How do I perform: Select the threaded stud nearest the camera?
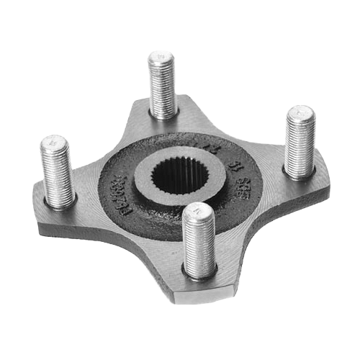(198, 241)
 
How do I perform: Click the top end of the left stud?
(54, 143)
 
